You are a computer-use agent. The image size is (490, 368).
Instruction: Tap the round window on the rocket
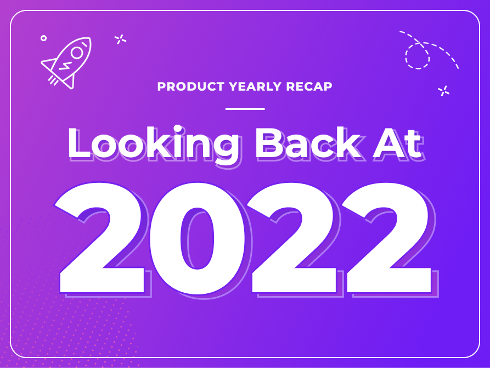(77, 52)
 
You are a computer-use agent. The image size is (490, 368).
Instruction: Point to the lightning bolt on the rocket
(65, 66)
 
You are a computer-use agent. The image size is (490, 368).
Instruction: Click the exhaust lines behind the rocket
(53, 80)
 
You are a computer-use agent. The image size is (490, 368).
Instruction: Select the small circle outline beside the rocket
(43, 38)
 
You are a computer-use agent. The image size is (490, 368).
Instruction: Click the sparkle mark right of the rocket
(120, 39)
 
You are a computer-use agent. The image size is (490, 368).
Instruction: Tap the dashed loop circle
(418, 55)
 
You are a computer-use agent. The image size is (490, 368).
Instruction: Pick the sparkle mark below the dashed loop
(444, 91)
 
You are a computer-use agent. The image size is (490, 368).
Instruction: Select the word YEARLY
(254, 87)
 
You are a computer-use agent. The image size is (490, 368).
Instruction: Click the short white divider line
(245, 109)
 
